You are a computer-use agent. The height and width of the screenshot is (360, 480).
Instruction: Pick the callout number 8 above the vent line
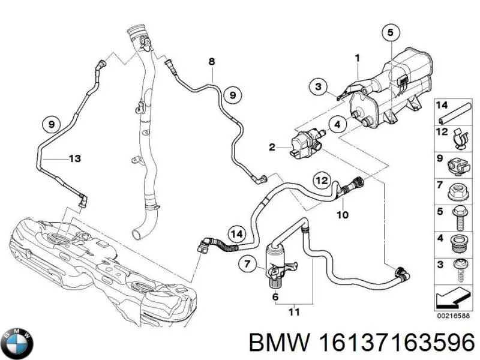click(x=211, y=61)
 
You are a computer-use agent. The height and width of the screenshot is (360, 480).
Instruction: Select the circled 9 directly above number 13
click(x=52, y=125)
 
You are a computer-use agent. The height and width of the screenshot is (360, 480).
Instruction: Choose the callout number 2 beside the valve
click(x=272, y=147)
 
